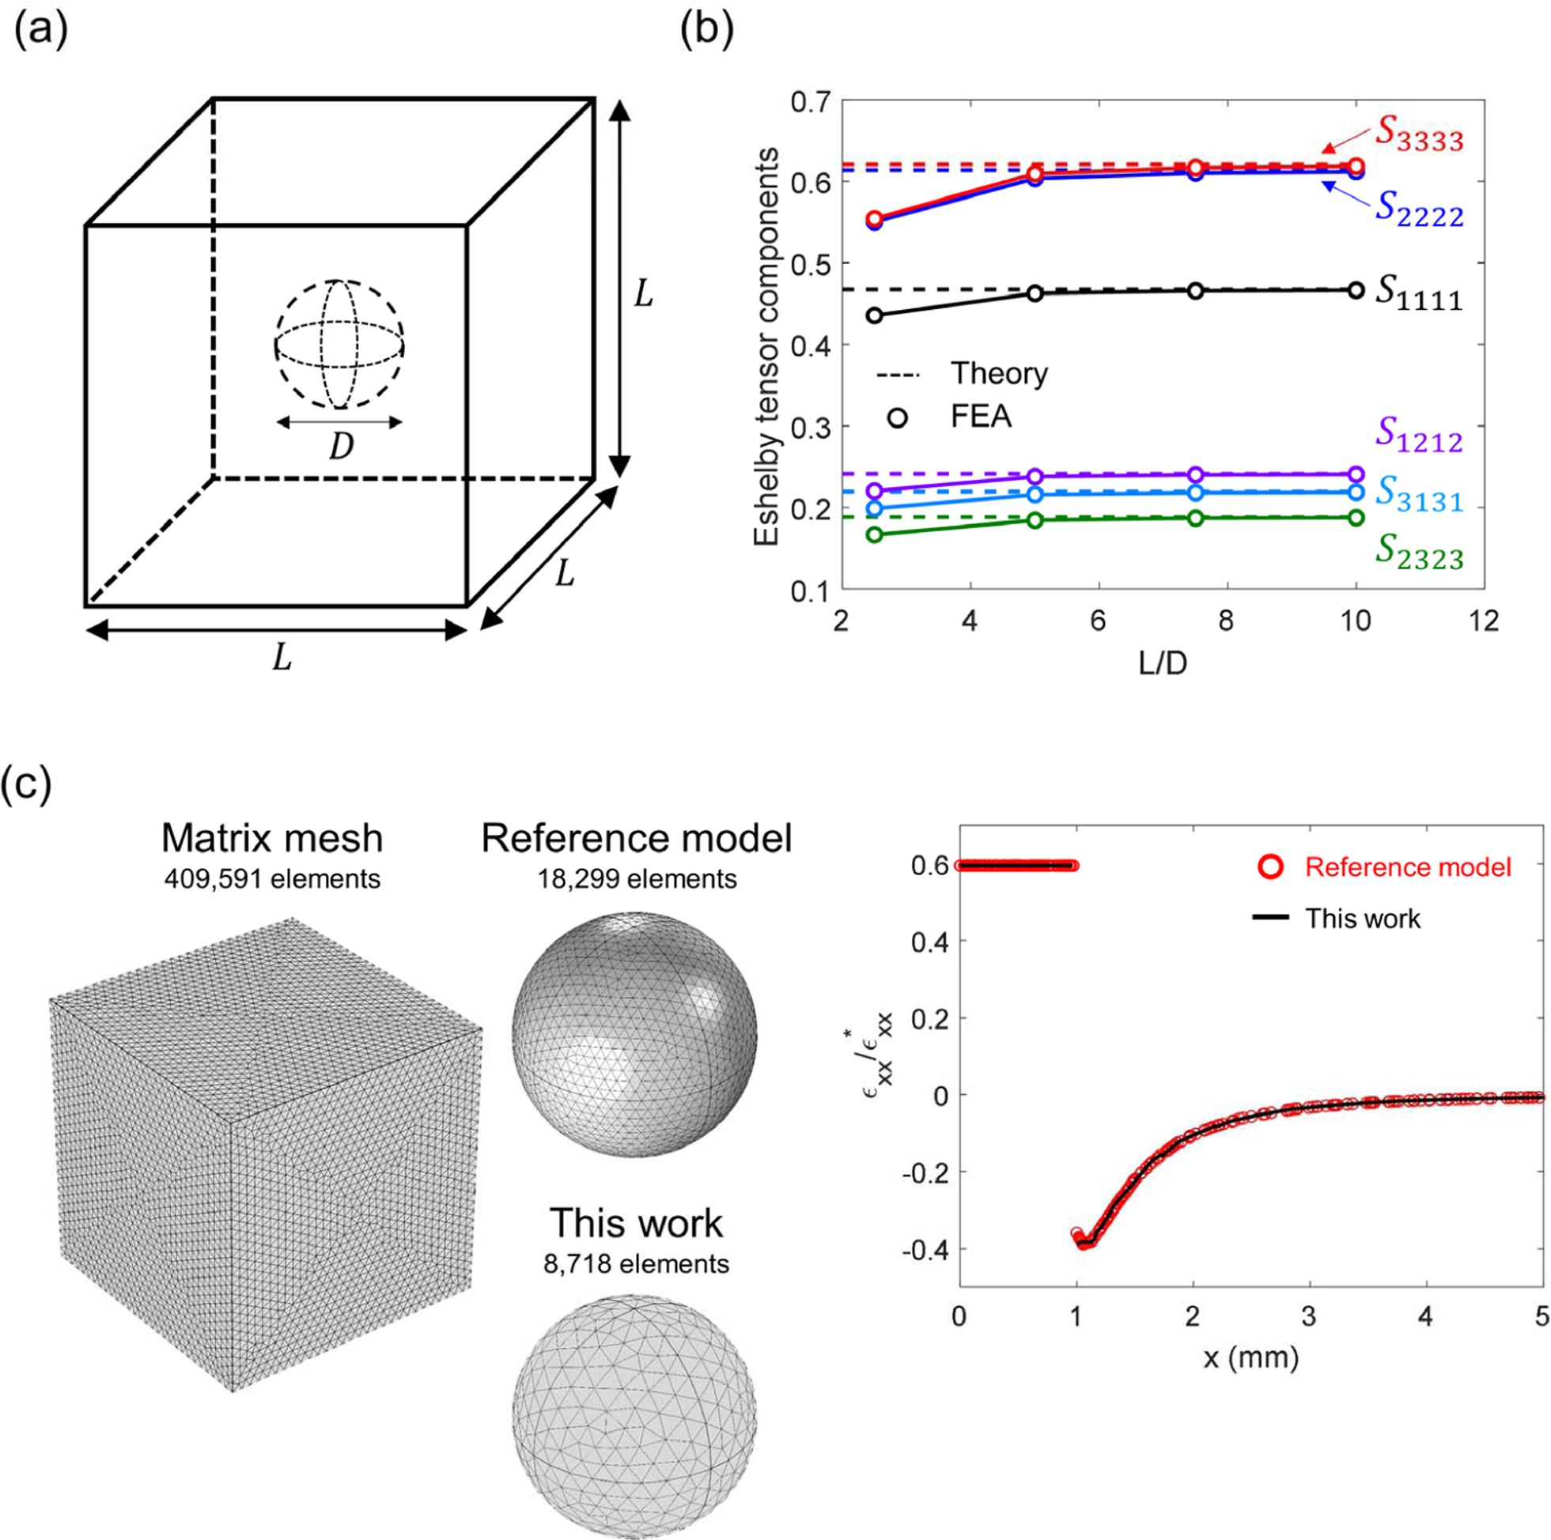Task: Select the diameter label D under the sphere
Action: [x=341, y=447]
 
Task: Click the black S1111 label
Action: [x=1419, y=296]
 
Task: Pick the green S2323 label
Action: [x=1420, y=553]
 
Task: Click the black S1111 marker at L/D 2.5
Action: [x=874, y=315]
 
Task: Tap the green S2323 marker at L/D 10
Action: [x=1356, y=518]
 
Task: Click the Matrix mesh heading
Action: [x=272, y=839]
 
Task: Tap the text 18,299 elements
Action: [x=637, y=880]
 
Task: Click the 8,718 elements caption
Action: [x=637, y=1265]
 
